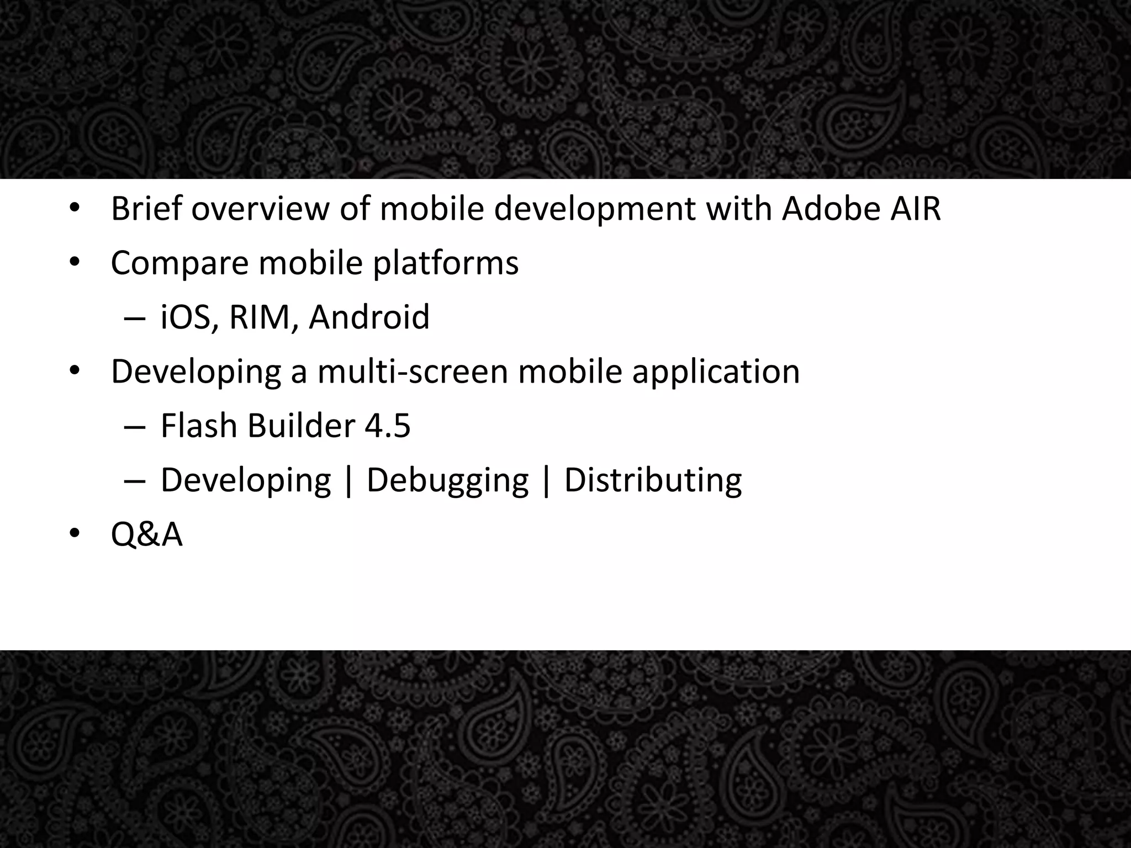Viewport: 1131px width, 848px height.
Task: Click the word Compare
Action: pyautogui.click(x=179, y=264)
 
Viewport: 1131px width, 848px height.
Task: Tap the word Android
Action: pyautogui.click(x=369, y=317)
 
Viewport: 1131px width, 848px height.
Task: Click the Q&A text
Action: pyautogui.click(x=146, y=535)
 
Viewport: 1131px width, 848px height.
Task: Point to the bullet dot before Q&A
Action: pyautogui.click(x=75, y=534)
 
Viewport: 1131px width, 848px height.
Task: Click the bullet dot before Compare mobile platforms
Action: pyautogui.click(x=75, y=263)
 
